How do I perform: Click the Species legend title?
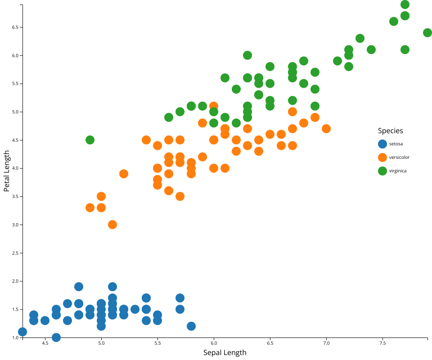tap(390, 131)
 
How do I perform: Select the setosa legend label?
tap(396, 144)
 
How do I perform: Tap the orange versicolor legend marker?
tap(382, 157)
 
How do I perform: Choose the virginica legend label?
tap(398, 171)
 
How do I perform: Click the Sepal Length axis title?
tap(225, 352)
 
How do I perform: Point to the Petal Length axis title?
tap(7, 171)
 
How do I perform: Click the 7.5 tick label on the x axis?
tap(382, 343)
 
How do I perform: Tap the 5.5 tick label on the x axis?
tap(157, 343)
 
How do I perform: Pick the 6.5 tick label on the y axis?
tap(15, 27)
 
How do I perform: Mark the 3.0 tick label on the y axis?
tap(15, 225)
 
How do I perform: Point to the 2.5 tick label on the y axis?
tap(15, 253)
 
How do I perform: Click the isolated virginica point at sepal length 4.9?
tap(90, 140)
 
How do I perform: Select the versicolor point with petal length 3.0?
tap(112, 225)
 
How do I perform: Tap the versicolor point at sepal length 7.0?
tap(326, 129)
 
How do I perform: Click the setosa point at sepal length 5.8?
tap(191, 326)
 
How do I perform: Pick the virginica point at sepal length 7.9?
tap(427, 33)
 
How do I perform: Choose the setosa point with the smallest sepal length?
tap(22, 332)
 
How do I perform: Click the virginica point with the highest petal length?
tap(405, 4)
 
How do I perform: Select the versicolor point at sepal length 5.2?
tap(124, 174)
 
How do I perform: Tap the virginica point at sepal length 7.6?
tap(394, 22)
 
